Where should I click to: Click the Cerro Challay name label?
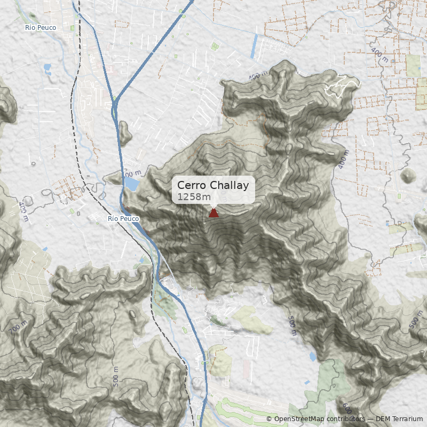coord(213,185)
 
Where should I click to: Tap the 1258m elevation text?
coord(194,197)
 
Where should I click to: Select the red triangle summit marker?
coord(213,213)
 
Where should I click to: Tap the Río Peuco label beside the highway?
coord(123,219)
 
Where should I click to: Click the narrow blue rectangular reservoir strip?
coord(254,46)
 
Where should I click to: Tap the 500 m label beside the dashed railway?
coord(116,376)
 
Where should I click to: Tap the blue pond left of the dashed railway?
coord(48,69)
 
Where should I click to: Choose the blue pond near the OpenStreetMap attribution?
coord(312,355)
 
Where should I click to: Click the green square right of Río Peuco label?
coord(72,27)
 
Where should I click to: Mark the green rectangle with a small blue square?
coord(215,46)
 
